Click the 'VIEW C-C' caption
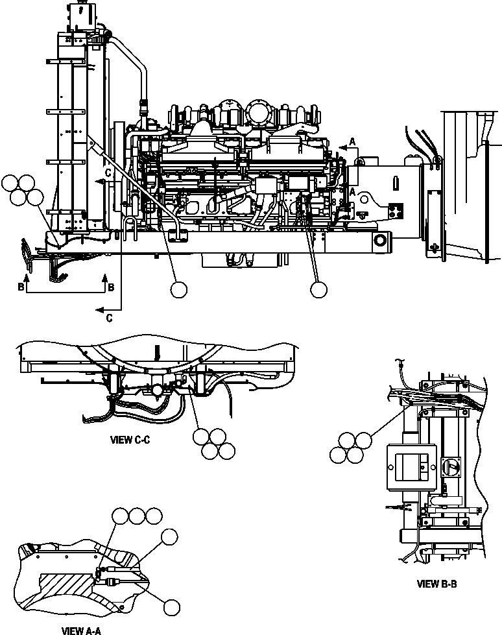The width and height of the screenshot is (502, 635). click(130, 440)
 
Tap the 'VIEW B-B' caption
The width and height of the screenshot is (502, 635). click(437, 584)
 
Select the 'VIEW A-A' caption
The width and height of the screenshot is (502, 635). click(81, 630)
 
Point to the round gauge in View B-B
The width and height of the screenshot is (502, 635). click(453, 467)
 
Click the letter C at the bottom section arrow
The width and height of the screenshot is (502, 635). click(108, 317)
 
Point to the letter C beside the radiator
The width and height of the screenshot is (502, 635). click(109, 173)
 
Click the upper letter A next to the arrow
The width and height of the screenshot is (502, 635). click(352, 141)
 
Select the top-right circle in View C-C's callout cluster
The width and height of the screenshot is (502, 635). click(218, 437)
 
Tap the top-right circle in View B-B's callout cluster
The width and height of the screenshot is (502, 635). click(363, 440)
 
